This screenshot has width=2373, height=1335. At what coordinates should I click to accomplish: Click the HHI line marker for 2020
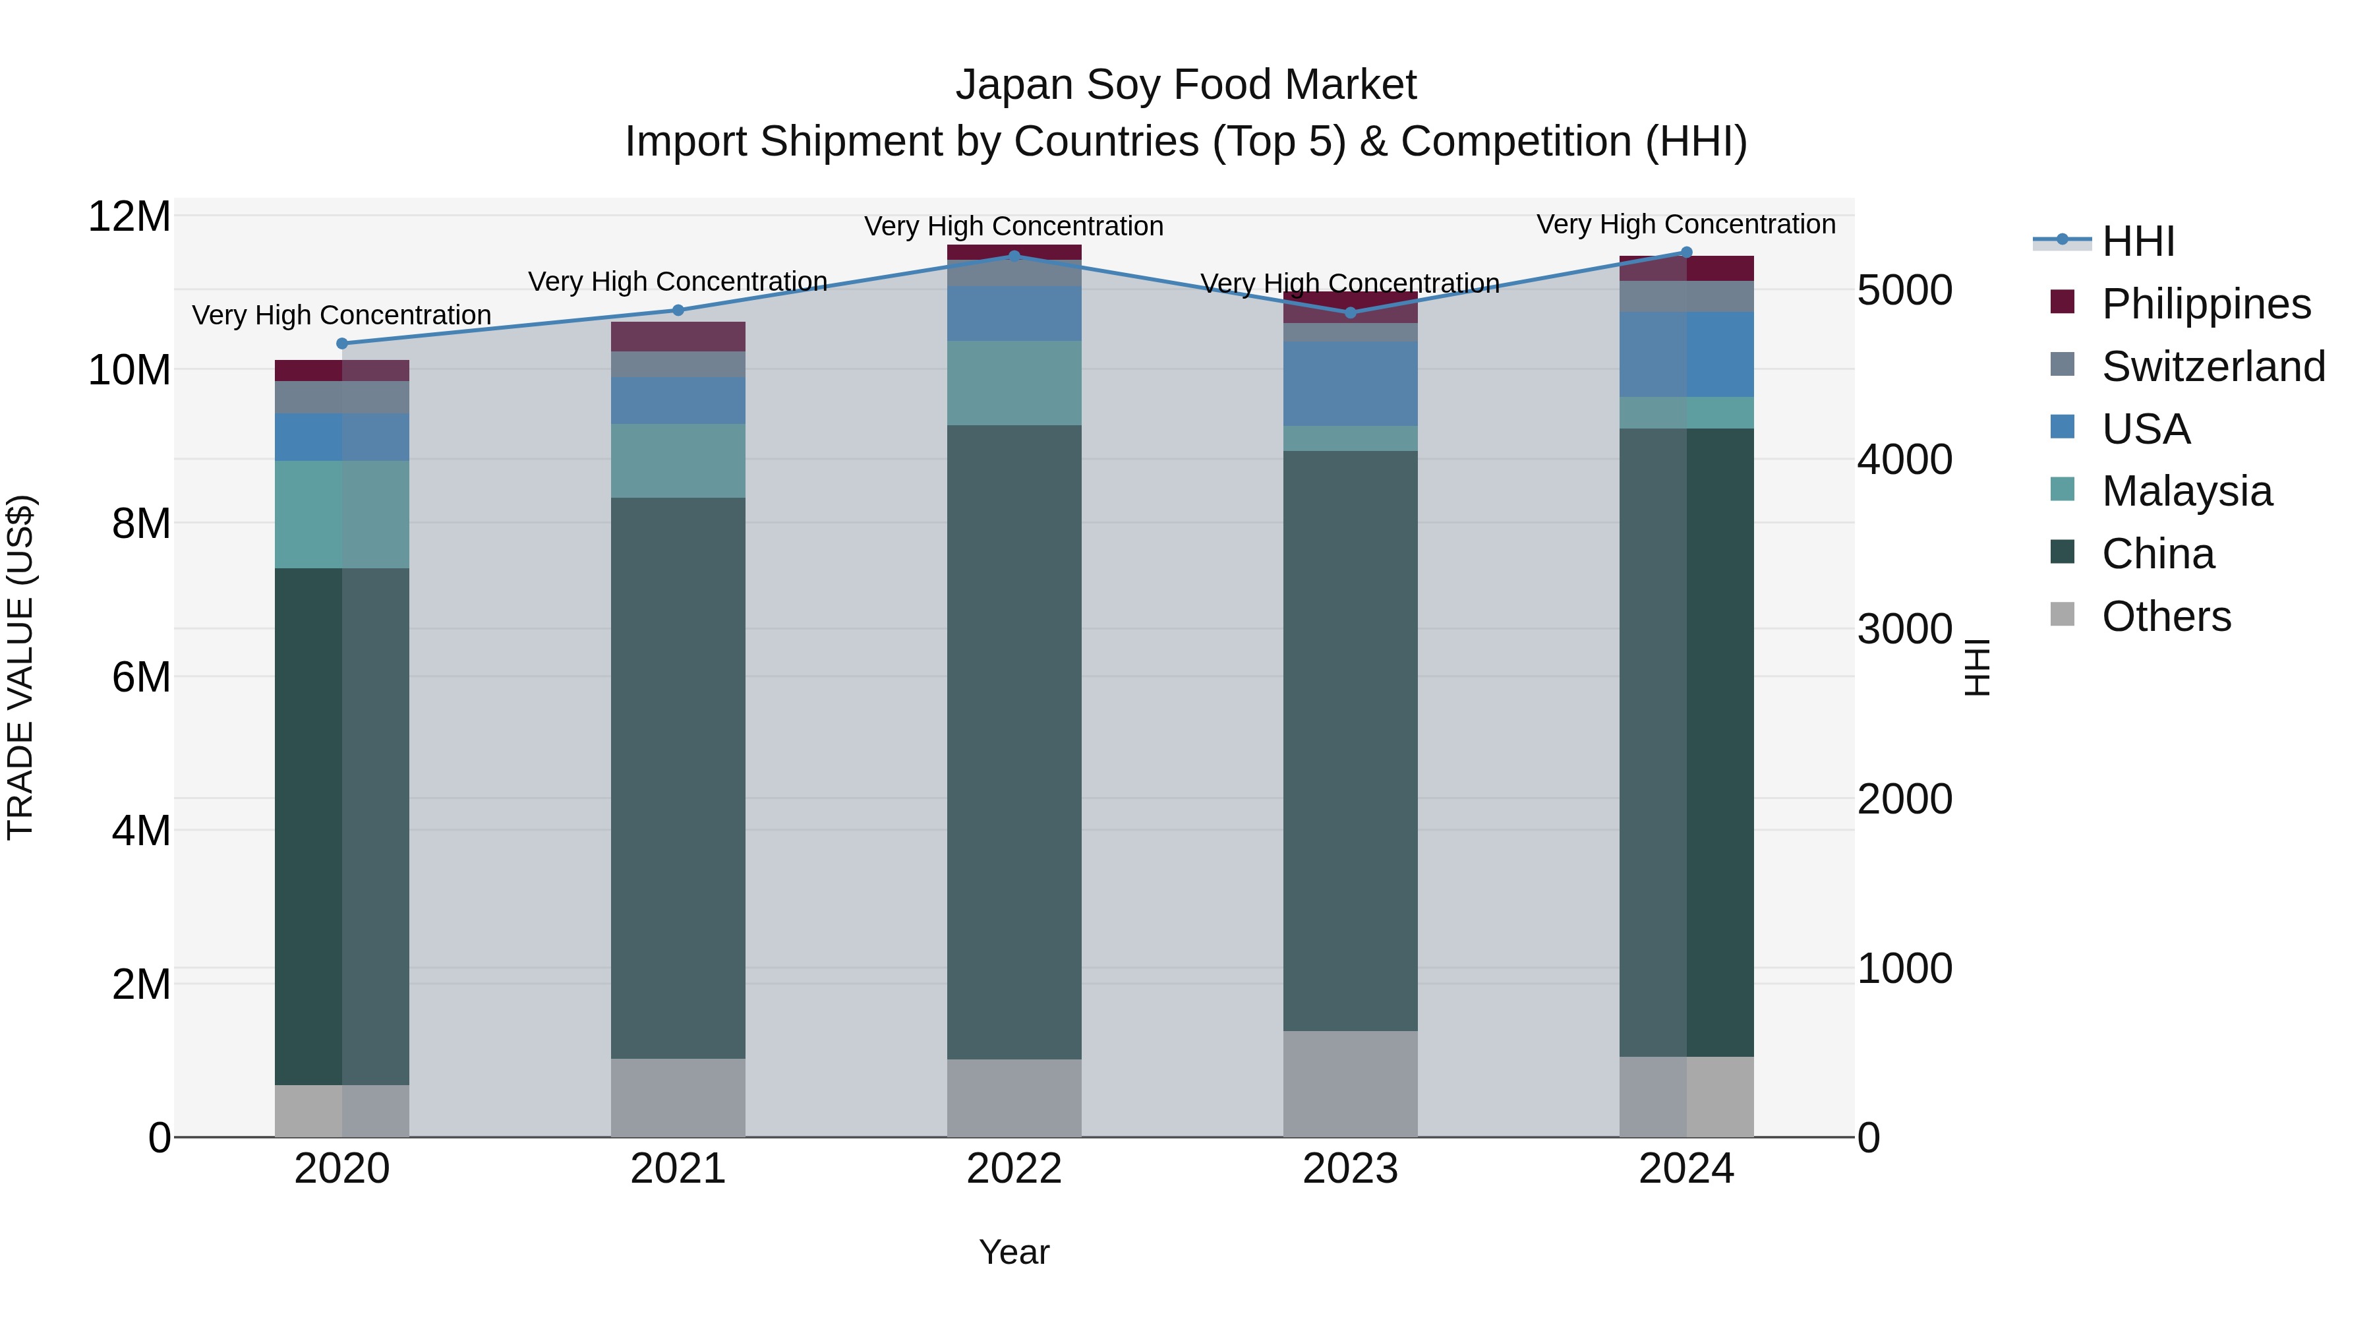(341, 343)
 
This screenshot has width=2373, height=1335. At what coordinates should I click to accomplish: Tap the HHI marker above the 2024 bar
(1687, 252)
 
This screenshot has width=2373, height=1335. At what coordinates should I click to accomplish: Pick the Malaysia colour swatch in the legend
(2063, 489)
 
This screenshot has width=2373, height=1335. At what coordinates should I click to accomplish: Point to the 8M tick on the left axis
(141, 523)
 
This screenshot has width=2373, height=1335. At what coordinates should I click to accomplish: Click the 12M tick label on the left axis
(129, 218)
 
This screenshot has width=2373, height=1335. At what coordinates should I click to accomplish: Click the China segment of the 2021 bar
(678, 779)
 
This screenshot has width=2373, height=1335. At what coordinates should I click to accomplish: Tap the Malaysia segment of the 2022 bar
(1014, 383)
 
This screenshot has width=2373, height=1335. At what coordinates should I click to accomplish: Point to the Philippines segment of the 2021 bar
(678, 336)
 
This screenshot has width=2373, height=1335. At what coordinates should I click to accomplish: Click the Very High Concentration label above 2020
(341, 315)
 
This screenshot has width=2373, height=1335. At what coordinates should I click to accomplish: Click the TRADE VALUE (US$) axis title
(20, 667)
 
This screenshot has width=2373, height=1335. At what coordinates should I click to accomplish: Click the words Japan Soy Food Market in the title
(1186, 85)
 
